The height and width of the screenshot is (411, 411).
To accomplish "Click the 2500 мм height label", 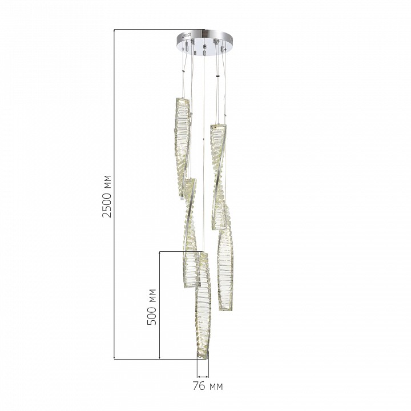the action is tap(107, 196).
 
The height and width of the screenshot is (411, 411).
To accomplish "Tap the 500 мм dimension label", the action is tap(151, 307).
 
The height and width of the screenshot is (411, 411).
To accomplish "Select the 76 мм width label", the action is tap(208, 386).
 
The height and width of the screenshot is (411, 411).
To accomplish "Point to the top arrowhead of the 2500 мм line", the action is tap(114, 31).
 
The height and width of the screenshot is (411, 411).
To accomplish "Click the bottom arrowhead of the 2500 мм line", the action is tap(114, 357).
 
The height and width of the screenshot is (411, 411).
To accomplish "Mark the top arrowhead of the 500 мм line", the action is tap(159, 253).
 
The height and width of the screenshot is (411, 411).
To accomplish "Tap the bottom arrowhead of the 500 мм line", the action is tap(159, 357).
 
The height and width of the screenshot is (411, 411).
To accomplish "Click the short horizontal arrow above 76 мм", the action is tap(203, 377).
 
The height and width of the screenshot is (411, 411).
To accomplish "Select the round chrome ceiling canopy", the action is tap(204, 42).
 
